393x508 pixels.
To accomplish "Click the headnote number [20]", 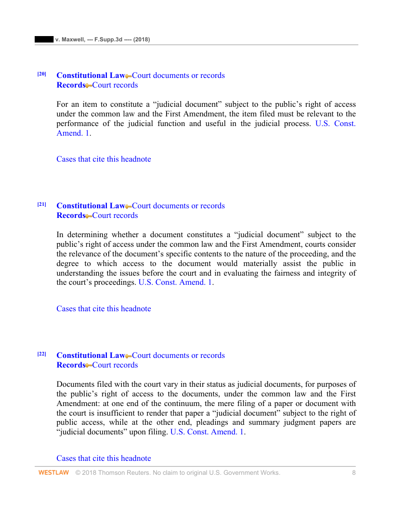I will [x=42, y=74].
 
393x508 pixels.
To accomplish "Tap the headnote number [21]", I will [x=42, y=204].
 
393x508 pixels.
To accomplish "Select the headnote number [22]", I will [x=42, y=354].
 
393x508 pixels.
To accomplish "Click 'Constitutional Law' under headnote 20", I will [x=91, y=76].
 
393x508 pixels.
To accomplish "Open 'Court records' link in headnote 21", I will [x=115, y=216].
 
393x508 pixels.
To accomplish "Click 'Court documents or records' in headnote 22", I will [x=178, y=356].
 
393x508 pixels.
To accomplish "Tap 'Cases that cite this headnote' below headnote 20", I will [x=104, y=159].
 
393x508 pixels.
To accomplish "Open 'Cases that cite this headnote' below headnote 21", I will [x=104, y=309].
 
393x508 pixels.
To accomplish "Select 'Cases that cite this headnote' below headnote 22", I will [x=104, y=458].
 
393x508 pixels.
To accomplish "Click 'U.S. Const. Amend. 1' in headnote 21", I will [x=175, y=282].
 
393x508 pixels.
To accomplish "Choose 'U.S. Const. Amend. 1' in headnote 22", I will [x=207, y=432].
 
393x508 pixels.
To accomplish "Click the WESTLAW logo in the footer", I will [x=53, y=473].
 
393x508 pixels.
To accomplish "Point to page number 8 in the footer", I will [x=354, y=473].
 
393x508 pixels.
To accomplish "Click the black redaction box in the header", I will [x=44, y=39].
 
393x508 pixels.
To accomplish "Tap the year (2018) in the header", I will [x=142, y=39].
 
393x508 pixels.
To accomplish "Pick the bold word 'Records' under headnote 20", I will [x=71, y=85].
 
